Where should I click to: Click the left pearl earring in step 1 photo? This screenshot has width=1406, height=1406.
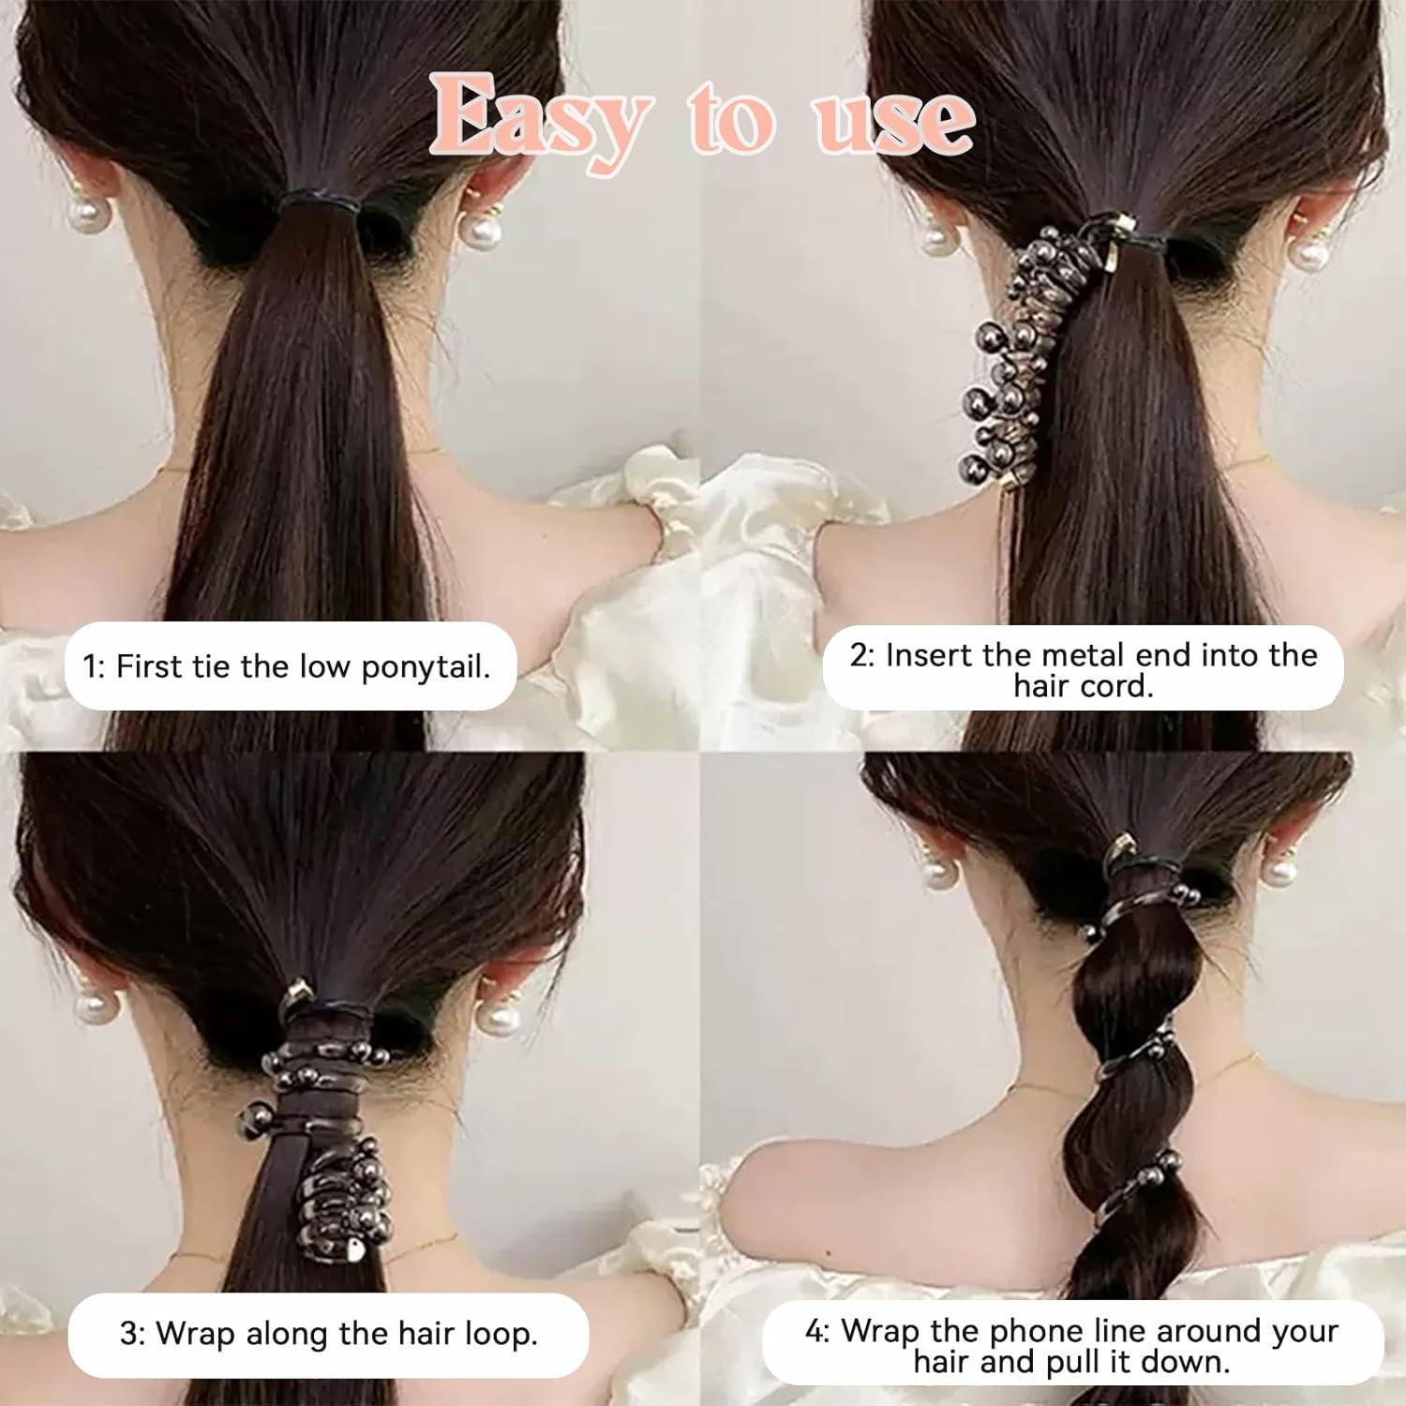(x=85, y=215)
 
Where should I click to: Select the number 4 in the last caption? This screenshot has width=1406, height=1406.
(x=813, y=1331)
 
